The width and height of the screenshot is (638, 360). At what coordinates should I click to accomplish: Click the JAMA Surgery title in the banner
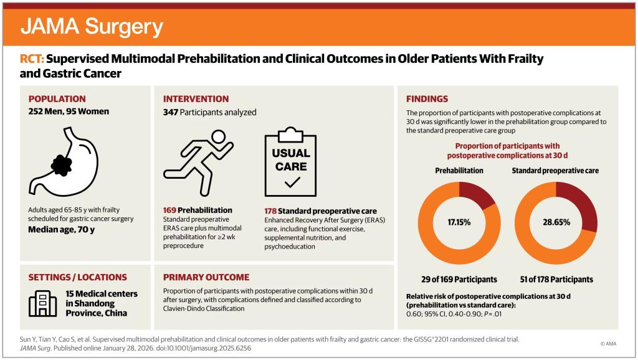pyautogui.click(x=92, y=26)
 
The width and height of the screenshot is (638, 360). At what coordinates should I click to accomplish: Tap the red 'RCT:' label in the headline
pyautogui.click(x=32, y=59)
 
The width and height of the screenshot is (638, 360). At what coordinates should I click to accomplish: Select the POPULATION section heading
pyautogui.click(x=57, y=99)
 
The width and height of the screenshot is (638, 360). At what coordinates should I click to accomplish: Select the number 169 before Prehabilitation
pyautogui.click(x=171, y=211)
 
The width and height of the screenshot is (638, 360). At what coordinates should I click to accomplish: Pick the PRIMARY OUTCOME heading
pyautogui.click(x=206, y=277)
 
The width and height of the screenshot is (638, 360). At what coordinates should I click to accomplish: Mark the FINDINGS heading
pyautogui.click(x=427, y=99)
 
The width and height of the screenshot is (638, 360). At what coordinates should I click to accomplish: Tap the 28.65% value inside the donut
pyautogui.click(x=556, y=222)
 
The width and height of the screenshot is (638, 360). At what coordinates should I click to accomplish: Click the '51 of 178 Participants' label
pyautogui.click(x=556, y=279)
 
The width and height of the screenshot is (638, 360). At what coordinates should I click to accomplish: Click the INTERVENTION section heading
pyautogui.click(x=196, y=99)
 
